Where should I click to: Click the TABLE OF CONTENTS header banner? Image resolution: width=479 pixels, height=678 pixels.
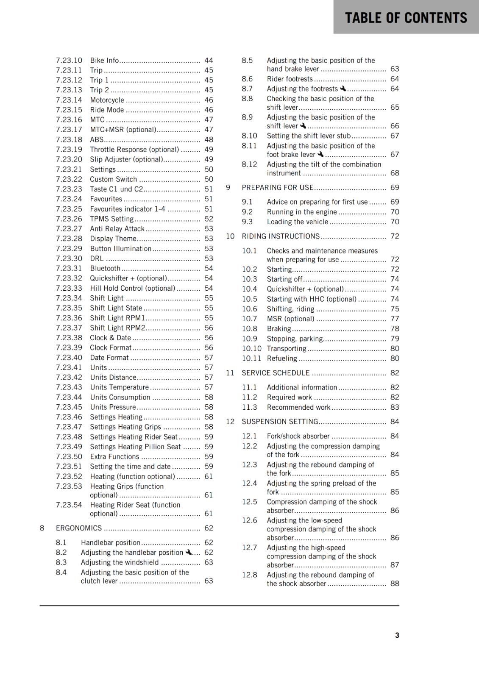coord(406,17)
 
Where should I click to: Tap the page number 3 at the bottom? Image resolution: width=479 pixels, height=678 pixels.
coord(397,635)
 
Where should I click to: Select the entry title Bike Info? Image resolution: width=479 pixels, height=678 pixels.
coord(104,61)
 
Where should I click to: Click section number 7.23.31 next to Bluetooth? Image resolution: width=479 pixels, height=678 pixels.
coord(69,268)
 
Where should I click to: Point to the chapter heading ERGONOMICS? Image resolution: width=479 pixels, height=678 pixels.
coord(79,528)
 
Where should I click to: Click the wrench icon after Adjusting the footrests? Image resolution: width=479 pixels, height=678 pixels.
coord(343,89)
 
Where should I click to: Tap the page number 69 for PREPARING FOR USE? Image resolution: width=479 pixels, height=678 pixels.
coord(395,187)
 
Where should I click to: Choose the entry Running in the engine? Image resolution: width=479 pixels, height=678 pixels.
coord(301,212)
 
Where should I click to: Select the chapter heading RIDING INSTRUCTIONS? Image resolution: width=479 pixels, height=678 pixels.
coord(281,236)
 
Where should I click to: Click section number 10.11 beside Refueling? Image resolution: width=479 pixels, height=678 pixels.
coord(251,358)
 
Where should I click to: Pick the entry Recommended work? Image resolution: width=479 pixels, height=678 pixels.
coord(298,407)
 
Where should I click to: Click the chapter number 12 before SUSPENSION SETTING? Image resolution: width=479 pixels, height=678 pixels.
coord(230,422)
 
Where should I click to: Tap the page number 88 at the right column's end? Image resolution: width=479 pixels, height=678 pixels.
coord(395,584)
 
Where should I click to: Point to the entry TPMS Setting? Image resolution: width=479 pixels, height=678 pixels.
coord(111,219)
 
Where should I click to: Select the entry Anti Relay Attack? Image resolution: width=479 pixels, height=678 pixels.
coord(117,229)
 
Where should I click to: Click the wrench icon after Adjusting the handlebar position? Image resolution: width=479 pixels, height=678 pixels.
coord(188,552)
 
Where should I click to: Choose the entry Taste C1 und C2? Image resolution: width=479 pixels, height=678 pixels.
coord(116,189)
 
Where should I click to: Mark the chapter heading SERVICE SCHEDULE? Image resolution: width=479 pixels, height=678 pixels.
coord(276,373)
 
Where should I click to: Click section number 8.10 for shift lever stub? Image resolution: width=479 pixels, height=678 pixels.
coord(249,136)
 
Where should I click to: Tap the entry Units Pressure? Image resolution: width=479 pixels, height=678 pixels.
coord(113,407)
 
